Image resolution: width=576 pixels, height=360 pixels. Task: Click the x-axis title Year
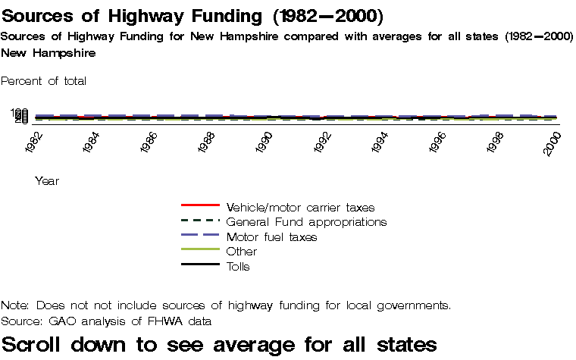click(x=47, y=181)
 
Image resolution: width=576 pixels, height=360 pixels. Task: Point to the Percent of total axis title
click(x=44, y=80)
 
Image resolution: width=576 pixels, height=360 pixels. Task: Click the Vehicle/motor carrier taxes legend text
click(x=300, y=207)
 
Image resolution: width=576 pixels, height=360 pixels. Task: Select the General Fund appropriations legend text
click(x=306, y=222)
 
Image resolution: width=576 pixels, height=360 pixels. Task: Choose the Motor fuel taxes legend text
click(x=271, y=237)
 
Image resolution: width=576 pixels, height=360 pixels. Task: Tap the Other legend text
click(x=242, y=252)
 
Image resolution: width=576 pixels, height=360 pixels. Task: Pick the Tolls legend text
click(x=238, y=267)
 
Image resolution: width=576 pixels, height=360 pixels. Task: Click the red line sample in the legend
click(x=200, y=205)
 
